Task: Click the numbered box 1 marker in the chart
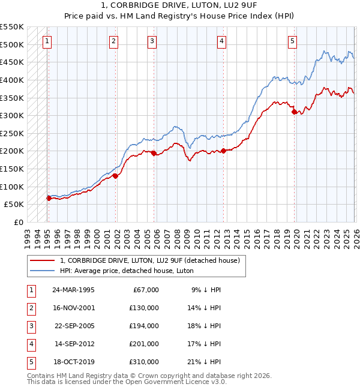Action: point(47,41)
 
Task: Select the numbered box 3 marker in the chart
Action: point(152,41)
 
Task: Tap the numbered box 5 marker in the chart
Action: point(292,41)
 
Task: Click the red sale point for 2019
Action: point(294,112)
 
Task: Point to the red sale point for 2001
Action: point(115,176)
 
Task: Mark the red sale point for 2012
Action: point(223,151)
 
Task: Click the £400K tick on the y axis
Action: point(12,80)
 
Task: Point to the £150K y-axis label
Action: point(12,169)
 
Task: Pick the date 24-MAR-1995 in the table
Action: point(73,290)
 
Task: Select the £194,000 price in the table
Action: point(143,326)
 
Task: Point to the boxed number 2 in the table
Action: point(30,308)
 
